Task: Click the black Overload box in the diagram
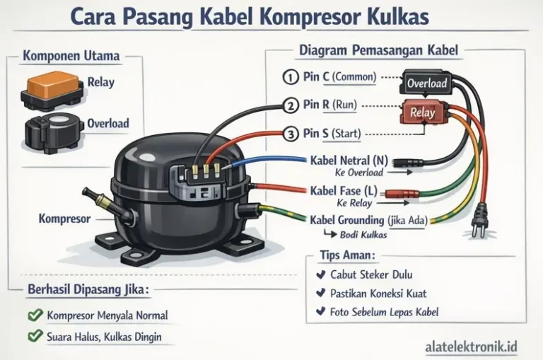(x=427, y=83)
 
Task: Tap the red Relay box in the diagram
(x=423, y=112)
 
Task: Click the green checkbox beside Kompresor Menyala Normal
(x=33, y=315)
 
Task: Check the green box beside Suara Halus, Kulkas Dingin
(x=33, y=337)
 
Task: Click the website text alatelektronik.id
(x=472, y=347)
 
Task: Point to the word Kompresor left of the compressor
(x=64, y=219)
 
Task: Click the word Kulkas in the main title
(x=397, y=16)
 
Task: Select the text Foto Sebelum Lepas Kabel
(x=385, y=312)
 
